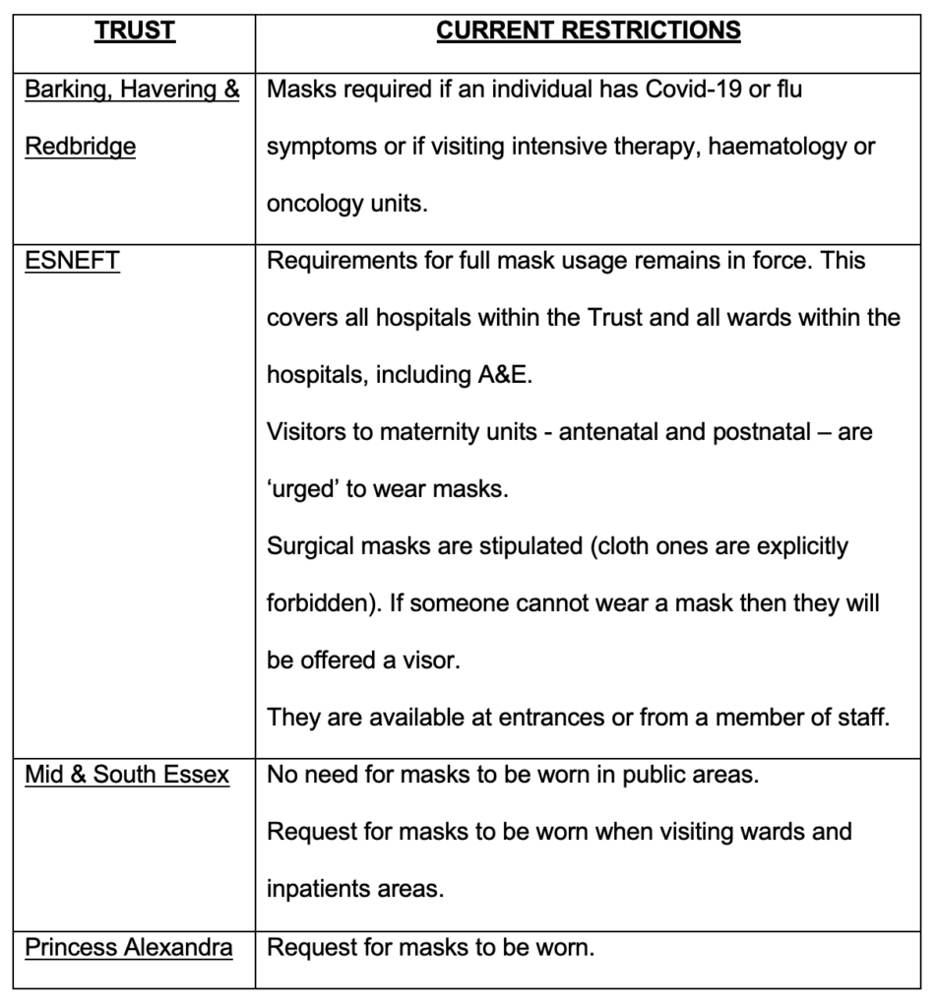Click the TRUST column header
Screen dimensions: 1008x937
click(x=135, y=31)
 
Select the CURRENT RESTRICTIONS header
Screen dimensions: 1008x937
click(x=589, y=31)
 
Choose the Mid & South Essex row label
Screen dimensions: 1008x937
click(x=127, y=775)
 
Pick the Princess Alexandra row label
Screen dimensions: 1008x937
click(x=129, y=948)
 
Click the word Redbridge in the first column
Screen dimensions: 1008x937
click(x=81, y=148)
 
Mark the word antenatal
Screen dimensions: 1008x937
click(x=607, y=432)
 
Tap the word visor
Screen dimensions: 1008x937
click(x=432, y=661)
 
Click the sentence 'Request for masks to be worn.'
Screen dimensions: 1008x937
click(x=431, y=948)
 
